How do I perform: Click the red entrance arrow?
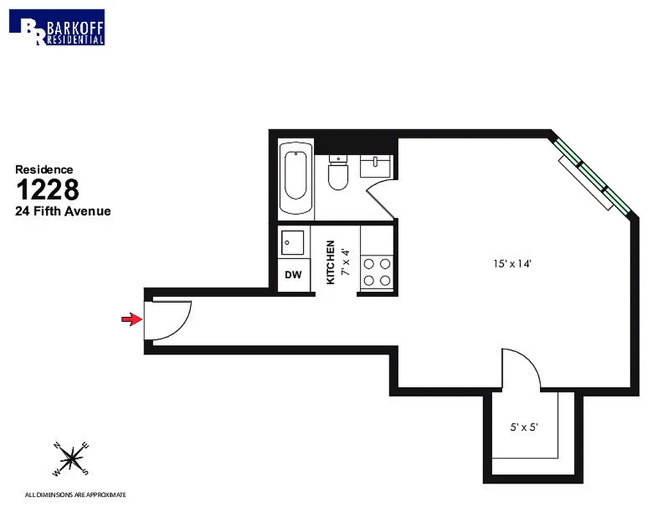(131, 319)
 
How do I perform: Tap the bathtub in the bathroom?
(296, 176)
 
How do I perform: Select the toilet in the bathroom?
(337, 174)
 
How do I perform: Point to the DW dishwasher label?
(293, 275)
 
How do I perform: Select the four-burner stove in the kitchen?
(377, 271)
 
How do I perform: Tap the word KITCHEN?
(331, 262)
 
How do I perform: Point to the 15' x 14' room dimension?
(513, 262)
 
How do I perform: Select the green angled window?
(593, 174)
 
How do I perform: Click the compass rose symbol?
(72, 459)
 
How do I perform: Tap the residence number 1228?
(47, 190)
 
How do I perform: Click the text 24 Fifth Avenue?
(63, 211)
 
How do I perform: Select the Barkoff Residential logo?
(57, 27)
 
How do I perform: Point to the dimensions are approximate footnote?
(75, 495)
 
